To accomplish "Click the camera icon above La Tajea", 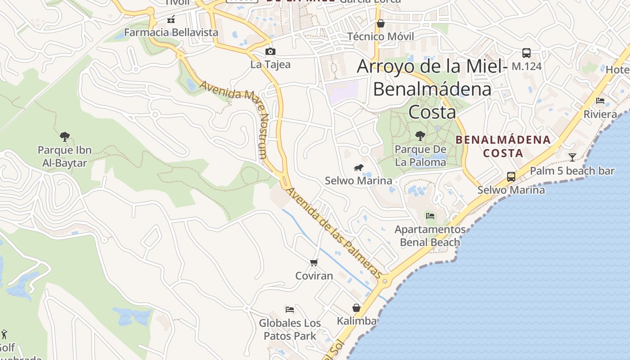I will tap(270, 51).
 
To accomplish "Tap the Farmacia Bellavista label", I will tap(171, 32).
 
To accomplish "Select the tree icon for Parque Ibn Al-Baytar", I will tap(65, 136).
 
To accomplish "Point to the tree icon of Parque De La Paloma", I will tap(420, 135).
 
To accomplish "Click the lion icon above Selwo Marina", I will tap(359, 168).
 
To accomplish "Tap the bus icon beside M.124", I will tap(526, 53).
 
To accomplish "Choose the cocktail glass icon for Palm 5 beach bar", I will tap(572, 157).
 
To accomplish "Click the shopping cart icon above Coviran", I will tap(314, 262).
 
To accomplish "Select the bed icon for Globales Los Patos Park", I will tap(290, 309).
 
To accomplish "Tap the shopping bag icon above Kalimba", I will tap(356, 308).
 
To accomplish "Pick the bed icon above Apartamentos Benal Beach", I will tap(430, 216).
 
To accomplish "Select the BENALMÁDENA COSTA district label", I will tap(503, 146).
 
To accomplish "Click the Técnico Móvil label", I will tap(381, 36).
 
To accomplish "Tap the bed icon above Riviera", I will tap(600, 100).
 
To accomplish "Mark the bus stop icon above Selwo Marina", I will tap(511, 176).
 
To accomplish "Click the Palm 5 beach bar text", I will tap(572, 171).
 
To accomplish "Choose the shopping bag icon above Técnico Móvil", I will tap(381, 23).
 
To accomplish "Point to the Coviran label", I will tap(314, 275).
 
